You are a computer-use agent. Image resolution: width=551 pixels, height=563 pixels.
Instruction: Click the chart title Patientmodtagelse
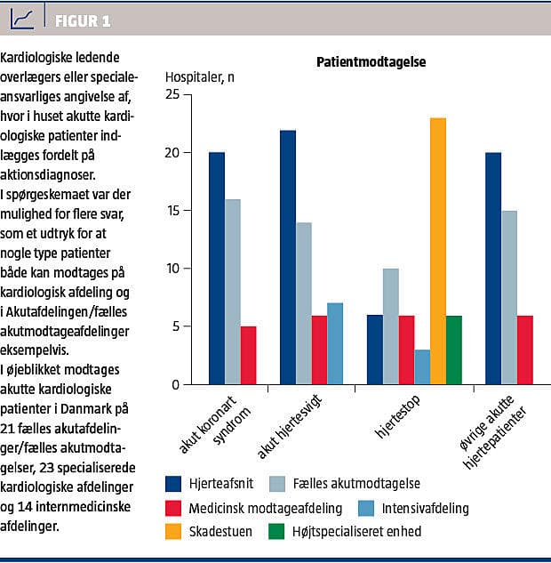point(371,62)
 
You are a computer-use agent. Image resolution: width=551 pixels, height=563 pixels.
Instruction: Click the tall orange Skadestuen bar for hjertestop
point(437,251)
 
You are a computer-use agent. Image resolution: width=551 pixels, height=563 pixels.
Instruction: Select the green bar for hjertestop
point(453,350)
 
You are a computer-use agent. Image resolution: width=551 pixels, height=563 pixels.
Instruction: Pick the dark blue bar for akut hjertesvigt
point(288,257)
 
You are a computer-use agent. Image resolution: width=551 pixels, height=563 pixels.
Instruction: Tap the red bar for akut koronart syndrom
point(249,355)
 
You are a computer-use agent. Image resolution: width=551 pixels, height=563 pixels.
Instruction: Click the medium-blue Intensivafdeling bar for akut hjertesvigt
point(335,343)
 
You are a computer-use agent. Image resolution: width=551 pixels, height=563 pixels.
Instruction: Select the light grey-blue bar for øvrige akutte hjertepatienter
point(509,297)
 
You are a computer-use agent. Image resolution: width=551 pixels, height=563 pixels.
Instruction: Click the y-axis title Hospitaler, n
point(201,76)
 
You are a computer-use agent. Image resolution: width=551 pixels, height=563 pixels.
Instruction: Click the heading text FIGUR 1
point(83,20)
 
